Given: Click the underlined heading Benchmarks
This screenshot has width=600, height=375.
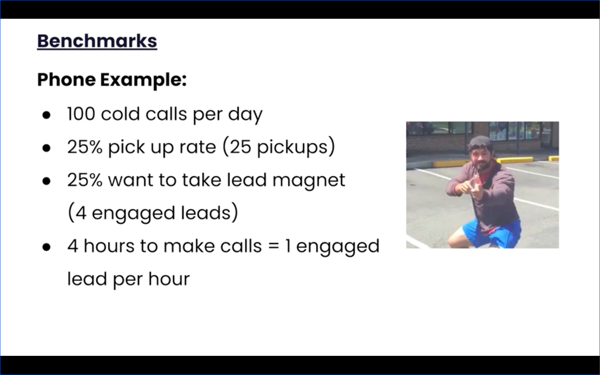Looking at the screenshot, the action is (x=97, y=41).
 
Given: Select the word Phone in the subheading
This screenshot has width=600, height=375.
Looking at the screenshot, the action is (x=66, y=80).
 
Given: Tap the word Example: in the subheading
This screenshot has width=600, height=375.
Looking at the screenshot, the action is (x=143, y=80).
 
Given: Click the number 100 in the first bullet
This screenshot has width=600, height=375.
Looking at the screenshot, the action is (x=81, y=114).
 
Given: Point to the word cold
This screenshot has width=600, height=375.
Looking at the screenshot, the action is (x=120, y=114).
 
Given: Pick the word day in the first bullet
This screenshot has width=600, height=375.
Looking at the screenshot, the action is (x=245, y=115).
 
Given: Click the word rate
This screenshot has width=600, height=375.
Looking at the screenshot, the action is (x=197, y=147).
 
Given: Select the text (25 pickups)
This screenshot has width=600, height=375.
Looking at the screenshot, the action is (x=279, y=147).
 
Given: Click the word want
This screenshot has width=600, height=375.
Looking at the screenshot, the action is (x=131, y=180).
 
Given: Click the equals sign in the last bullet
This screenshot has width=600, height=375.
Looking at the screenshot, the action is (x=273, y=246).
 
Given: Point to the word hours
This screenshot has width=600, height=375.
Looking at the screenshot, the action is (x=109, y=246).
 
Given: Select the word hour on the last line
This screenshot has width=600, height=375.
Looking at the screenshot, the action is (x=169, y=279).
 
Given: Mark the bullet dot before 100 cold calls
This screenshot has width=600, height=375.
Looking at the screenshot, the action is (x=46, y=115).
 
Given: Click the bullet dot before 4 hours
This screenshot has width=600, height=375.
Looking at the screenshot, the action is (x=46, y=247).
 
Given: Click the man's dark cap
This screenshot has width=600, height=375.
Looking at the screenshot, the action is (x=480, y=142).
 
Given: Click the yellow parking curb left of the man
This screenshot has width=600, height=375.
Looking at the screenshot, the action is (x=451, y=163).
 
